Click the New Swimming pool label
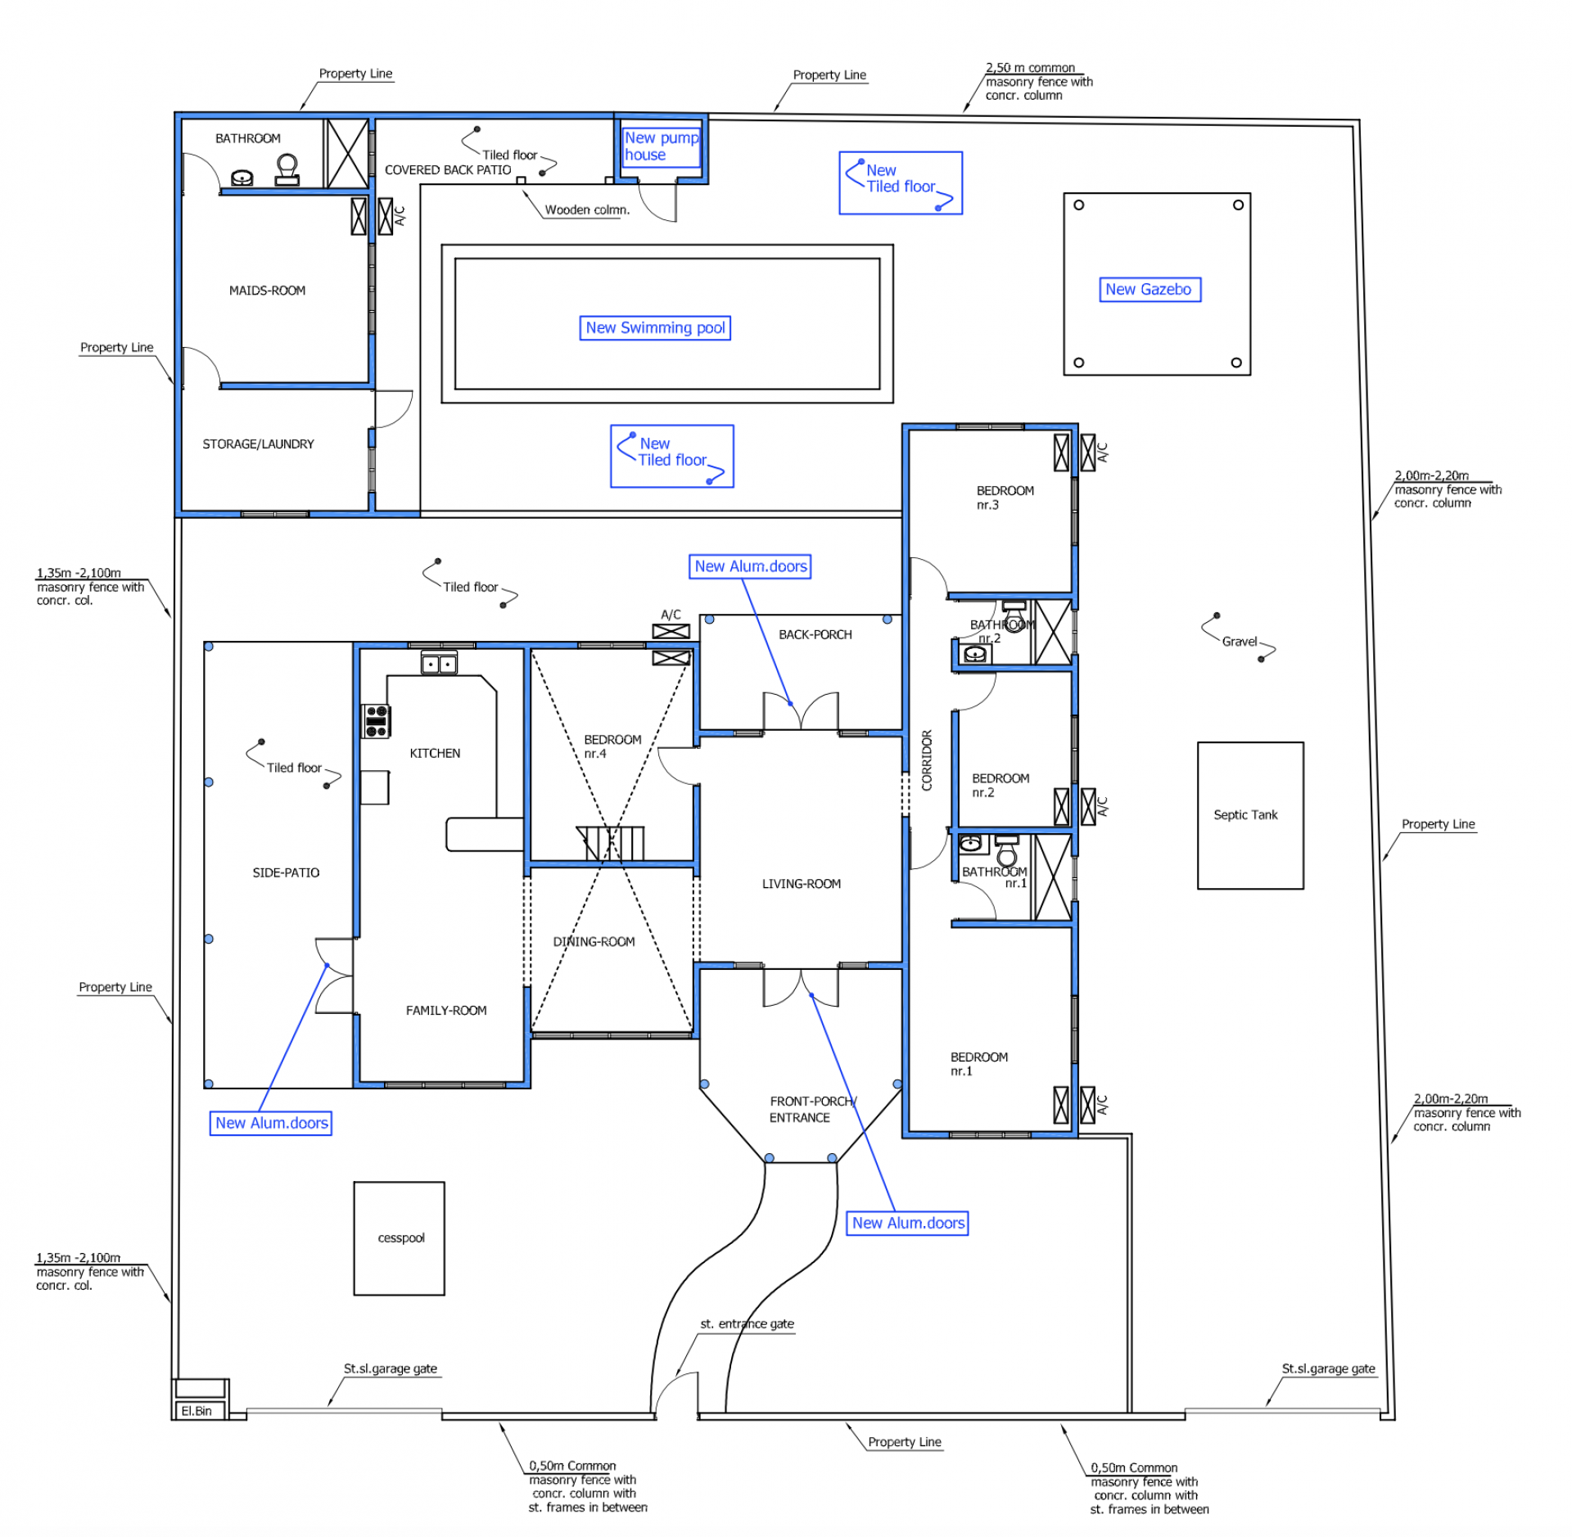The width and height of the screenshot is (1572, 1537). [x=655, y=327]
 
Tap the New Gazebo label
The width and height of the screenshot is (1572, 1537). [x=1149, y=289]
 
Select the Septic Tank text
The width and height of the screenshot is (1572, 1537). [x=1245, y=814]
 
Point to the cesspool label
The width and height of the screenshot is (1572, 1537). [x=401, y=1237]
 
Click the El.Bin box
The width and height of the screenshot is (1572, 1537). [x=200, y=1410]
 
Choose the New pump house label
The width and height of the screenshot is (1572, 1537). [x=661, y=146]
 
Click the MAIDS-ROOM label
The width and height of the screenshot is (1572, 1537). [x=267, y=291]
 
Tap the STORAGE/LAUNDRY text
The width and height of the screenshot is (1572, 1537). [x=258, y=444]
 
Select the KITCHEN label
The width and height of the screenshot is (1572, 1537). [x=435, y=753]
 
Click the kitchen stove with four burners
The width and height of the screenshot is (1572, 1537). [x=376, y=721]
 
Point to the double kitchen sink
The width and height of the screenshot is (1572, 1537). [x=439, y=662]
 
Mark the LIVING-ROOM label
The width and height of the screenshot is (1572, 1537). [x=802, y=884]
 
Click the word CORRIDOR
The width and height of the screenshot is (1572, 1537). [x=927, y=760]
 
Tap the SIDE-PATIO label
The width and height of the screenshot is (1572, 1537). [x=286, y=872]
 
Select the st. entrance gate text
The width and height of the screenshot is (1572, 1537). [x=747, y=1323]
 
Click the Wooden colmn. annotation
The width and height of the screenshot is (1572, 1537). [x=587, y=210]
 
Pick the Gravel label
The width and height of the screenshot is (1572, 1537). [x=1240, y=642]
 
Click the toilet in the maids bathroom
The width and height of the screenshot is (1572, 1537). [x=287, y=169]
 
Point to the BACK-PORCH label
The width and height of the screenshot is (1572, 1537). [x=815, y=634]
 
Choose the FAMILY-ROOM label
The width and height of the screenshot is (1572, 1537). [x=446, y=1011]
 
